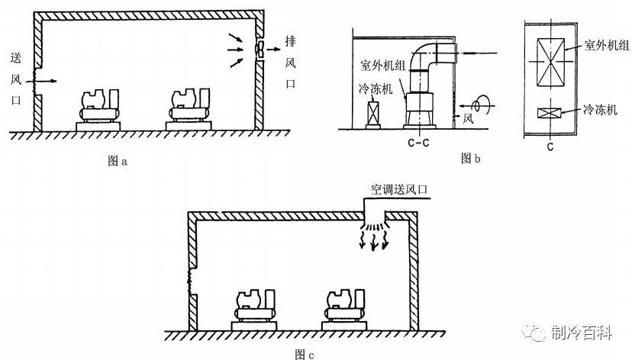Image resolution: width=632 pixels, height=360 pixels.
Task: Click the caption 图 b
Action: [x=471, y=159]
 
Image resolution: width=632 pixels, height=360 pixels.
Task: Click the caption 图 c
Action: [x=304, y=353]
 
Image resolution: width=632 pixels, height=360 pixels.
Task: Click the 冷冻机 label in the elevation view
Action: [x=375, y=89]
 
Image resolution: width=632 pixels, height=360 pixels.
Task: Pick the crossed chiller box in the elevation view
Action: [x=374, y=115]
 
